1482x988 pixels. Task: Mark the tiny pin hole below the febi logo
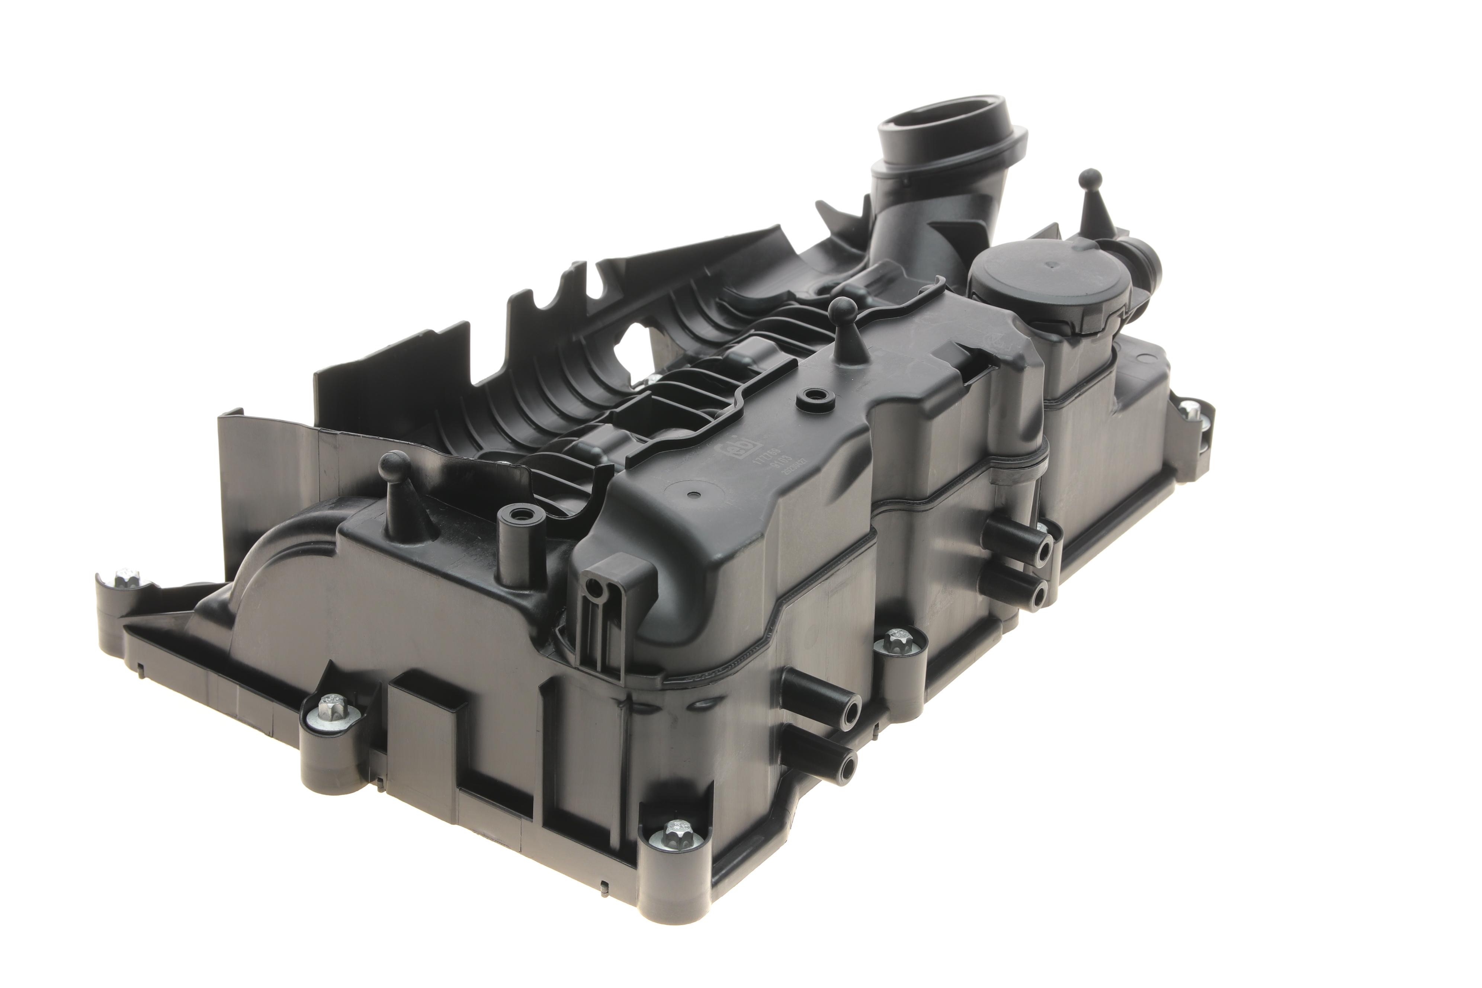click(693, 495)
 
